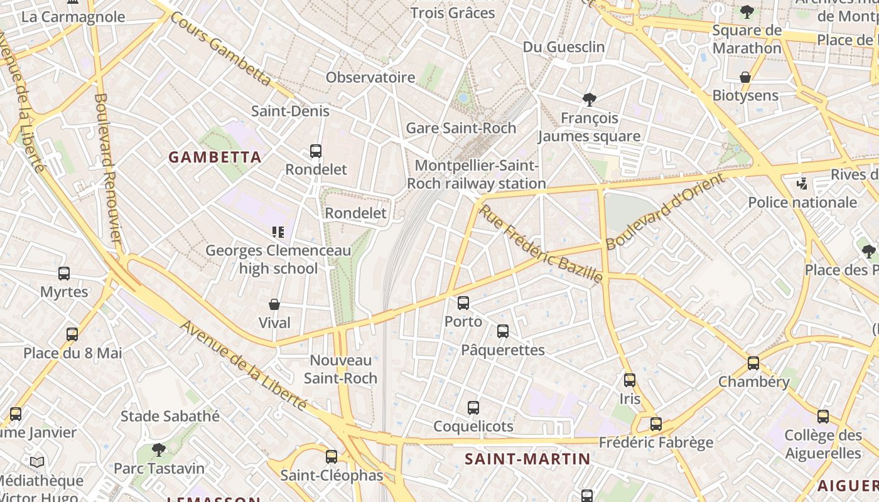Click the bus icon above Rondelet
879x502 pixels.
[x=315, y=151]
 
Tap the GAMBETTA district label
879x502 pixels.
[x=215, y=157]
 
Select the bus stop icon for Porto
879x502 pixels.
[x=463, y=303]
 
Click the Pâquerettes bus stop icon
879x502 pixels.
[x=503, y=331]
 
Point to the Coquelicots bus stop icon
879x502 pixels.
[x=473, y=408]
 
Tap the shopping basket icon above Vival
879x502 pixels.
[x=274, y=305]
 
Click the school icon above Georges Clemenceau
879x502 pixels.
[x=278, y=232]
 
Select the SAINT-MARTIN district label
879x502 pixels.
[x=527, y=459]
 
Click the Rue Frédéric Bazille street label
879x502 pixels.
[x=541, y=243]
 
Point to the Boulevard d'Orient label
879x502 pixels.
[x=666, y=211]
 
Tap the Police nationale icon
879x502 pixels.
[x=802, y=184]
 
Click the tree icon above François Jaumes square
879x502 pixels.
[x=589, y=99]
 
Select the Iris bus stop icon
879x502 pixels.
[x=630, y=380]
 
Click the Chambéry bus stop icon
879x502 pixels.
[x=753, y=363]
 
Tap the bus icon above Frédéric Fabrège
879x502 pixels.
[x=656, y=424]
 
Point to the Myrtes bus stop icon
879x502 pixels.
[x=64, y=274]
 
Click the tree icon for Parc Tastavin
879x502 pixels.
[x=159, y=449]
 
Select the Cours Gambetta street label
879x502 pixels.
[x=220, y=49]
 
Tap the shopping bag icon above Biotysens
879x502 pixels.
[x=745, y=77]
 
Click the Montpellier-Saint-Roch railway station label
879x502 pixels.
[x=477, y=174]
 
